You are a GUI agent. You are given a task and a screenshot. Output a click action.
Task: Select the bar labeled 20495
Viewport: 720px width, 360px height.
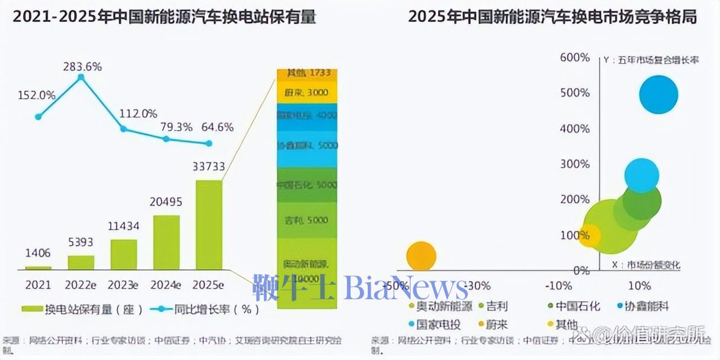166,242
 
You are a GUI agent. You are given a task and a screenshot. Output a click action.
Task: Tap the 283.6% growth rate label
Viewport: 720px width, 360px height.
82,67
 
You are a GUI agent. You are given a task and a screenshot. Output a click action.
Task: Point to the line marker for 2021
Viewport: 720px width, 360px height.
38,117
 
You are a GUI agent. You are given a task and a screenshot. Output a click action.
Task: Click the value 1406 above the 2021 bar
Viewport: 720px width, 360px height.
38,254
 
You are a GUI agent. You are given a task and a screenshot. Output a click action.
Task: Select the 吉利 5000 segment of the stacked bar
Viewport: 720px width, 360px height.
307,220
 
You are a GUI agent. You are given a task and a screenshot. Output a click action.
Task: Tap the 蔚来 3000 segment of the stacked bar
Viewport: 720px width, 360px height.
307,93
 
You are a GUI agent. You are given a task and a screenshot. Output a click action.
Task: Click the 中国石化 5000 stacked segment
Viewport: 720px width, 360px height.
307,185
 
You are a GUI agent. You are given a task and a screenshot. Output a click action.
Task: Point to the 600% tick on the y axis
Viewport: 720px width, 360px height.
574,57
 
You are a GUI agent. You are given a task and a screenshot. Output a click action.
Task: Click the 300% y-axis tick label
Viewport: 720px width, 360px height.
574,164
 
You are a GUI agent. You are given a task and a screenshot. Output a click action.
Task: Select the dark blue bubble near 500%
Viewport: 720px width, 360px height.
658,94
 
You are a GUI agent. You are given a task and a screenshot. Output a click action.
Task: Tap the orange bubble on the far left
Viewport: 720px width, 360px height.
421,256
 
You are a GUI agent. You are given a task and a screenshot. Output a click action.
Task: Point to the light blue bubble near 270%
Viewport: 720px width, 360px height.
641,175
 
